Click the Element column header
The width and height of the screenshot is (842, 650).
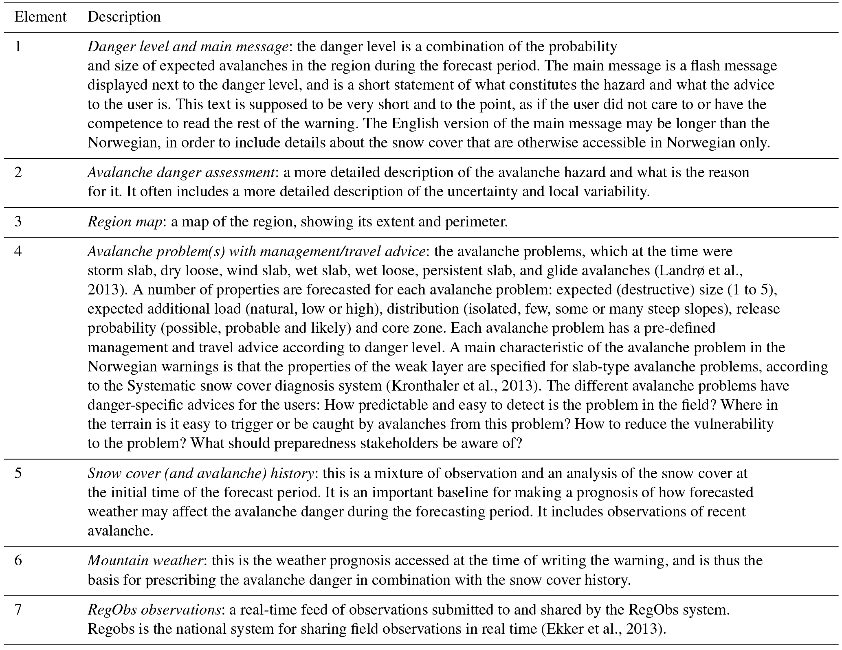[40, 17]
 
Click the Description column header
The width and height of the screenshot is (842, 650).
[124, 17]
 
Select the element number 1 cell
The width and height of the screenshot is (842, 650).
[18, 47]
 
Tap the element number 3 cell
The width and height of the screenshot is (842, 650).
[18, 222]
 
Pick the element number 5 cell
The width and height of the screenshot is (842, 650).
[18, 473]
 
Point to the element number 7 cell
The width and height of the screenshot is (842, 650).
[18, 610]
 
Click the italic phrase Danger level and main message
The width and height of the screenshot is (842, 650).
[188, 47]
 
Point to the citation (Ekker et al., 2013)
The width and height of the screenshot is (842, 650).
[603, 629]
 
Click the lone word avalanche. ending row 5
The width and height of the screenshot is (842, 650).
[120, 531]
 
